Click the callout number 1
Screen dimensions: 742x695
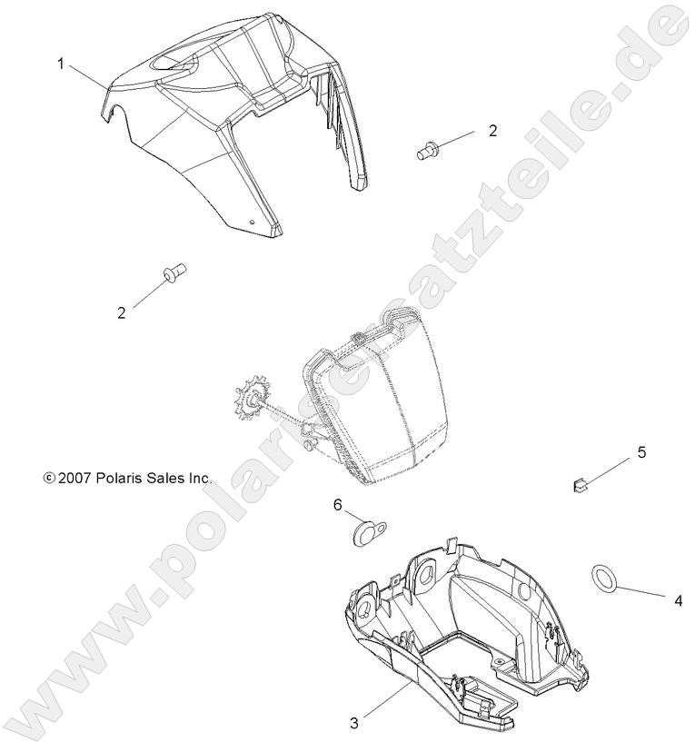point(62,64)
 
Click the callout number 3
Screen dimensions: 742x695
point(355,723)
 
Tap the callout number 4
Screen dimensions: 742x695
point(677,600)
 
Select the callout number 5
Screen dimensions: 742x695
point(640,452)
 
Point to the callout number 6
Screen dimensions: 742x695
point(336,505)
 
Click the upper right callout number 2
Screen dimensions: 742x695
point(492,130)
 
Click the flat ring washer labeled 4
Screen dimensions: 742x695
point(604,577)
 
